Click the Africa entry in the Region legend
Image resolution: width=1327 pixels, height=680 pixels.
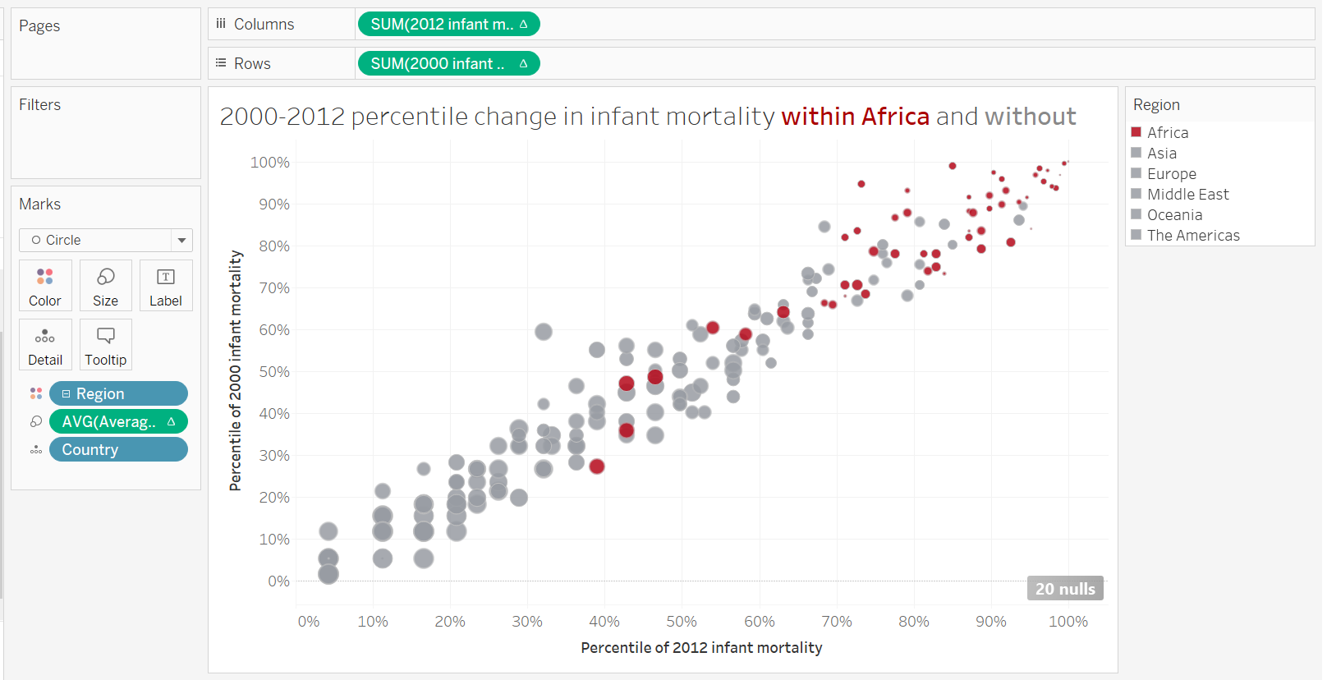tap(1167, 132)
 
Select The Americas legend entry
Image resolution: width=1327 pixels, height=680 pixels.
tap(1192, 235)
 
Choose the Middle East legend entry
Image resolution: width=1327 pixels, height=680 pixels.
tap(1187, 194)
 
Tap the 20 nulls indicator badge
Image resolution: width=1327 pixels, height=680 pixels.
tap(1064, 589)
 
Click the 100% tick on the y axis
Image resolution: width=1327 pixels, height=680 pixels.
tap(270, 163)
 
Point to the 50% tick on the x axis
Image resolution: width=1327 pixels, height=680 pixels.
tap(681, 622)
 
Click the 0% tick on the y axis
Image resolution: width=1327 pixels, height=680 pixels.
tap(278, 581)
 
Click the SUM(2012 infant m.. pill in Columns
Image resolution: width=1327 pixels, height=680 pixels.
tap(448, 25)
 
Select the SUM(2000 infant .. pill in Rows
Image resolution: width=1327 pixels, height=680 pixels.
tap(448, 63)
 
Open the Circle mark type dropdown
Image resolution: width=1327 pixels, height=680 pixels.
tap(105, 240)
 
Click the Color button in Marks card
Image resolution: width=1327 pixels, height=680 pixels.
tap(45, 286)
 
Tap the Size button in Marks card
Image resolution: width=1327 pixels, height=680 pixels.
tap(105, 286)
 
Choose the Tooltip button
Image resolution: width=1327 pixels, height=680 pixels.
tap(105, 345)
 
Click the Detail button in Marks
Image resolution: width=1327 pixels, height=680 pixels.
tap(45, 345)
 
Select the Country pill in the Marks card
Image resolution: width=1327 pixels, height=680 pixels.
tap(118, 449)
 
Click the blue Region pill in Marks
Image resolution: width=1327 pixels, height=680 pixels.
tap(118, 393)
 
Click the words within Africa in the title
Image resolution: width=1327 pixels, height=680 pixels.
tap(855, 117)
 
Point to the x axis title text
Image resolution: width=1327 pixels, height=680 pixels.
tap(700, 647)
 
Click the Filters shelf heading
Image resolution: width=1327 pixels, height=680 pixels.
tap(40, 104)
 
